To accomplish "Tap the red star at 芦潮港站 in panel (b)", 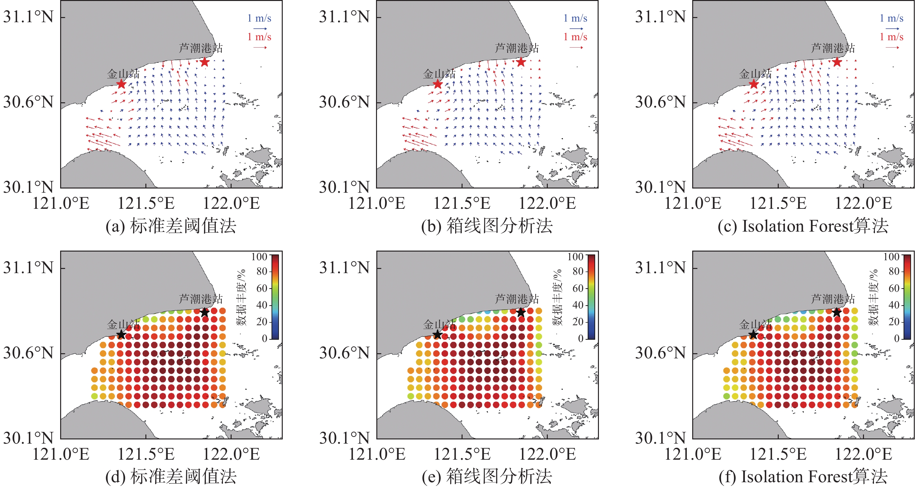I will (521, 62).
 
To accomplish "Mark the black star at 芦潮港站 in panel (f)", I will (837, 313).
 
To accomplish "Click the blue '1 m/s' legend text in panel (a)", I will (260, 18).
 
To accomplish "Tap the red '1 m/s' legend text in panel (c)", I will (891, 37).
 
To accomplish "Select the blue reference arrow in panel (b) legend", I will (576, 29).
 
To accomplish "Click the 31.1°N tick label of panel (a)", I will (28, 17).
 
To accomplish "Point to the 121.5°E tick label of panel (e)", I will (462, 454).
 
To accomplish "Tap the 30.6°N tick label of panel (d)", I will (28, 353).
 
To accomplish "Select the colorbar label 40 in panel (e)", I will (578, 305).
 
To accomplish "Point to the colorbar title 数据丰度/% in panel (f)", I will (874, 297).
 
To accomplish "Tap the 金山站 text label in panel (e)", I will (439, 325).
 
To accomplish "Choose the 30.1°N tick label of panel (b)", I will (344, 187).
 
